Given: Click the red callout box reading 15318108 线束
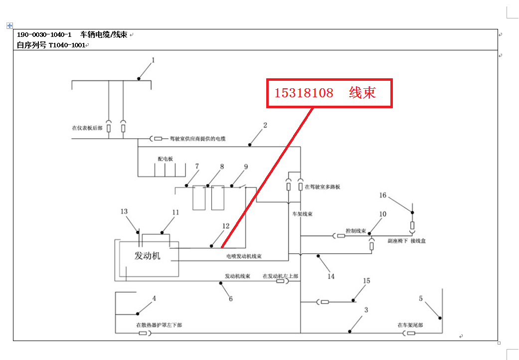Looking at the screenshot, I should (330, 93).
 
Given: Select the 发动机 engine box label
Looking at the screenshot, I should (148, 256).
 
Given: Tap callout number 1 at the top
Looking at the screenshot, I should (154, 60).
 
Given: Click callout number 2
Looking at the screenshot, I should (265, 126).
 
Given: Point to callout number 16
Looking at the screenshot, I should (383, 196).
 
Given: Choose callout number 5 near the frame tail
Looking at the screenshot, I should (421, 299).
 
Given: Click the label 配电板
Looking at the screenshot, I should (165, 159).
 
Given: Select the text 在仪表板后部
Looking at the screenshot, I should (87, 128).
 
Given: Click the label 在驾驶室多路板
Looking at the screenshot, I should (323, 187).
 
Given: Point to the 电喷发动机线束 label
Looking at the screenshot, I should (244, 257).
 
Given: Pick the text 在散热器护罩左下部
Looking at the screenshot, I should (159, 325).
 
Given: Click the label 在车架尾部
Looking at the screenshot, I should (410, 325).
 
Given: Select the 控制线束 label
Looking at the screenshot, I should (356, 231).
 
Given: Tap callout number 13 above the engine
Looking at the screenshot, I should (124, 211).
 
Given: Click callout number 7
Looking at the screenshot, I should (197, 166).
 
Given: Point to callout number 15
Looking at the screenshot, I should (366, 281).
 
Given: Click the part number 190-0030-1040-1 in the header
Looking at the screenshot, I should (44, 35).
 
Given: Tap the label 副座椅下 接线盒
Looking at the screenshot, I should (407, 241).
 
